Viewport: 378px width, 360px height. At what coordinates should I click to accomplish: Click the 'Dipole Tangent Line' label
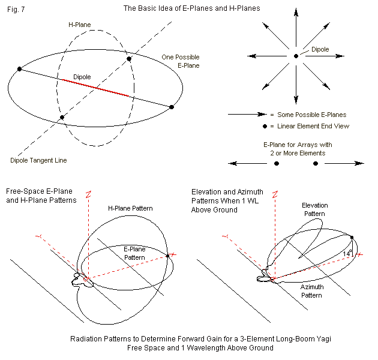pos(38,160)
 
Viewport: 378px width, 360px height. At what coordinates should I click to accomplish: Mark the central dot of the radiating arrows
pos(296,56)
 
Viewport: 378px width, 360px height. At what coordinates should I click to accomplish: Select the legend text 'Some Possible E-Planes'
pos(311,114)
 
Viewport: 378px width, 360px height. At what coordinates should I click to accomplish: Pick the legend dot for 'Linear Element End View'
pos(265,126)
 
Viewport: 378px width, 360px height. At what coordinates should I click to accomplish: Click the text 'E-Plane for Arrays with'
pos(298,145)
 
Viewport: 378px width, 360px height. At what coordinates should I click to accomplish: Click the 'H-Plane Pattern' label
pos(130,208)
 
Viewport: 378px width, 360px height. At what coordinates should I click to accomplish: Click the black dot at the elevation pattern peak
pos(352,238)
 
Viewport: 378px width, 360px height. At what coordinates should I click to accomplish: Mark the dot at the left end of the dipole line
pos(20,69)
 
